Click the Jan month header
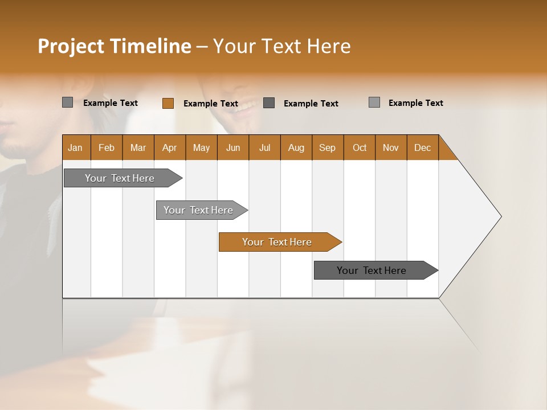click(x=76, y=147)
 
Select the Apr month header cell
click(x=170, y=147)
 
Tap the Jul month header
click(x=264, y=147)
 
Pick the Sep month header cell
click(x=328, y=147)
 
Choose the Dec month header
click(x=423, y=147)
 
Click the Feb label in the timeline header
click(x=107, y=147)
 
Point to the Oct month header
click(x=360, y=147)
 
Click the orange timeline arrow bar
click(x=277, y=242)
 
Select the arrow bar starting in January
click(x=120, y=178)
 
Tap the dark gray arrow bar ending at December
click(x=372, y=270)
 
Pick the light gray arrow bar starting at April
click(x=199, y=210)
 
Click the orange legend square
click(x=168, y=103)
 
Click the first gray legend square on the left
click(x=67, y=102)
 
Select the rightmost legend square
click(x=374, y=102)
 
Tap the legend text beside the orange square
click(x=211, y=104)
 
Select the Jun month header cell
click(x=233, y=147)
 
